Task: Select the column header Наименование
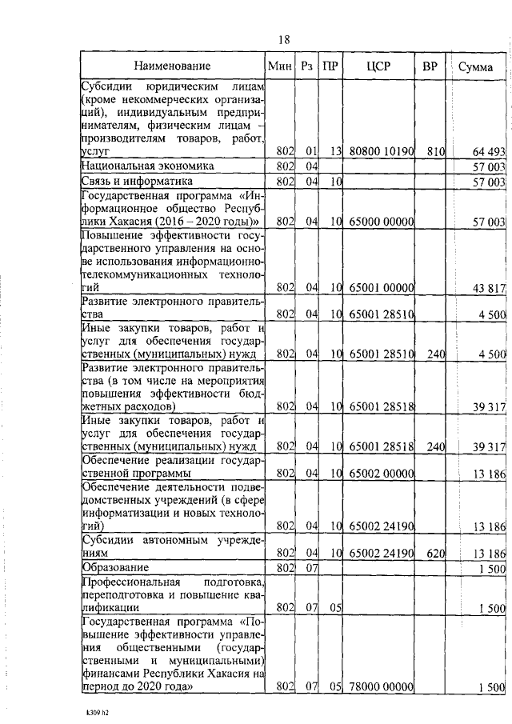point(172,66)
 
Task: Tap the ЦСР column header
point(378,66)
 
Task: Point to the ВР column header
point(429,66)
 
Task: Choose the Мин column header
point(280,66)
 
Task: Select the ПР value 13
point(335,150)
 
